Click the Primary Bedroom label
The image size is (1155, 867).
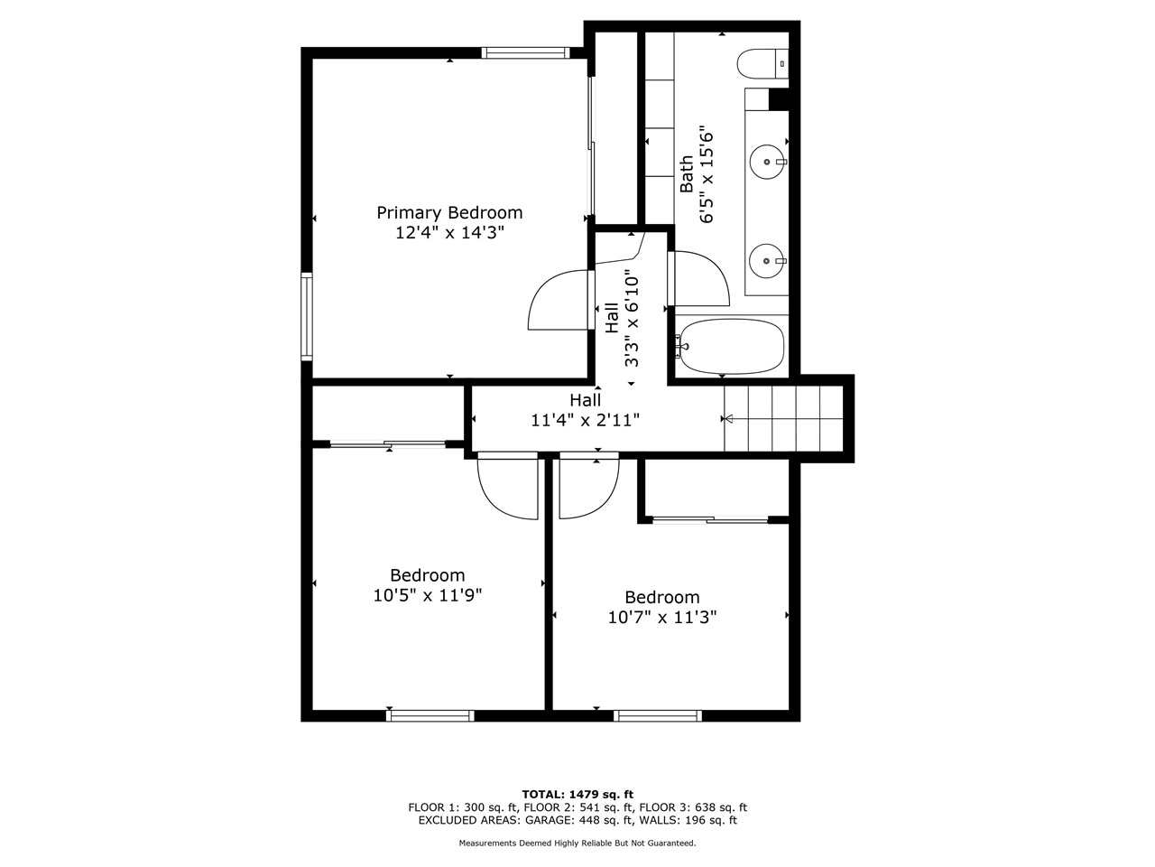[x=449, y=213]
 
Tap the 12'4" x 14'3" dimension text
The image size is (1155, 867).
[x=449, y=233]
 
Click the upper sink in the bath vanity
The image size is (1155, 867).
[x=767, y=163]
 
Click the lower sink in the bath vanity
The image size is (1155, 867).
[x=767, y=261]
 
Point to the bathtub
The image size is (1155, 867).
[x=732, y=346]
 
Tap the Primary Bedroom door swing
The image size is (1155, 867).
[x=559, y=300]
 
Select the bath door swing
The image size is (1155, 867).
[x=700, y=278]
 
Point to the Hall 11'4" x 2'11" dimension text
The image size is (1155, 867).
[x=586, y=420]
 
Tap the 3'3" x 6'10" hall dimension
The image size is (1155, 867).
[x=633, y=321]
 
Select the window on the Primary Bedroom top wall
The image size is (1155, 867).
[x=525, y=52]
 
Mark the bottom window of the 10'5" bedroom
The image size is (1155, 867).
[x=430, y=715]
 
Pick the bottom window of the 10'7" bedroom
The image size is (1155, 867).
[x=658, y=715]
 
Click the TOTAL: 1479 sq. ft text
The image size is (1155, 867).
[x=577, y=793]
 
